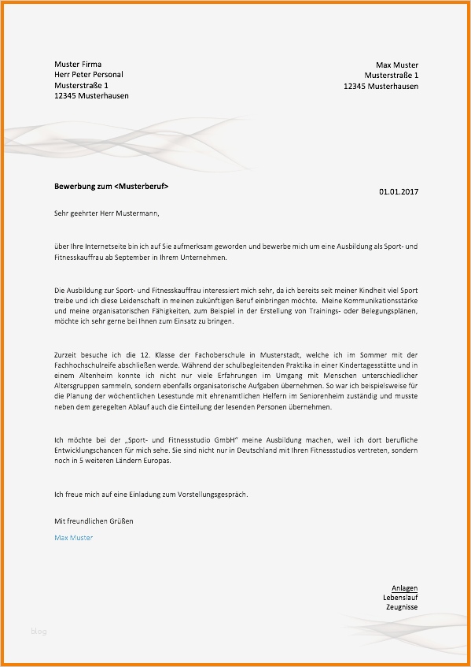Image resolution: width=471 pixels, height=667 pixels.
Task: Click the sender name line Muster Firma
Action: point(78,64)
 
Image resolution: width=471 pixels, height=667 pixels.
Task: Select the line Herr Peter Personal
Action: point(88,75)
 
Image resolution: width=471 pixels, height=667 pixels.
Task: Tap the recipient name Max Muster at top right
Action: point(397,65)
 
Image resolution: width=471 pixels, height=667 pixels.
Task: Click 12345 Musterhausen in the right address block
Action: point(381,86)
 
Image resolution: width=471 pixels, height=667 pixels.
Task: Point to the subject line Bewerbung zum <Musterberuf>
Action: point(111,187)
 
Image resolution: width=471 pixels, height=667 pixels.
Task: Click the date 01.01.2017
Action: point(399,191)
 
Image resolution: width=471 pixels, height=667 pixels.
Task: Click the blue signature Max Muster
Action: point(73,538)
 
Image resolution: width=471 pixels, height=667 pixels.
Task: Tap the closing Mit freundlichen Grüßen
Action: point(94,521)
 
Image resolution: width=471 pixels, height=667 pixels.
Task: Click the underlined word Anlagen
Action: point(404,588)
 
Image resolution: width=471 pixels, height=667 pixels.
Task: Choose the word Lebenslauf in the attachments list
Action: point(400,598)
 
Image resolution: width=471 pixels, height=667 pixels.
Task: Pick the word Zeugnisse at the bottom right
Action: point(402,608)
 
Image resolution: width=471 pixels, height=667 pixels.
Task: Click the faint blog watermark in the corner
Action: point(39,631)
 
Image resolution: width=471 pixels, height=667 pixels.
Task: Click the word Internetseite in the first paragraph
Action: point(105,246)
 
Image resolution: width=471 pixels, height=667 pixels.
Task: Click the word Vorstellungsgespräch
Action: point(208,495)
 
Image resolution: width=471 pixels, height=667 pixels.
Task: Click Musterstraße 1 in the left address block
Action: point(81,85)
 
